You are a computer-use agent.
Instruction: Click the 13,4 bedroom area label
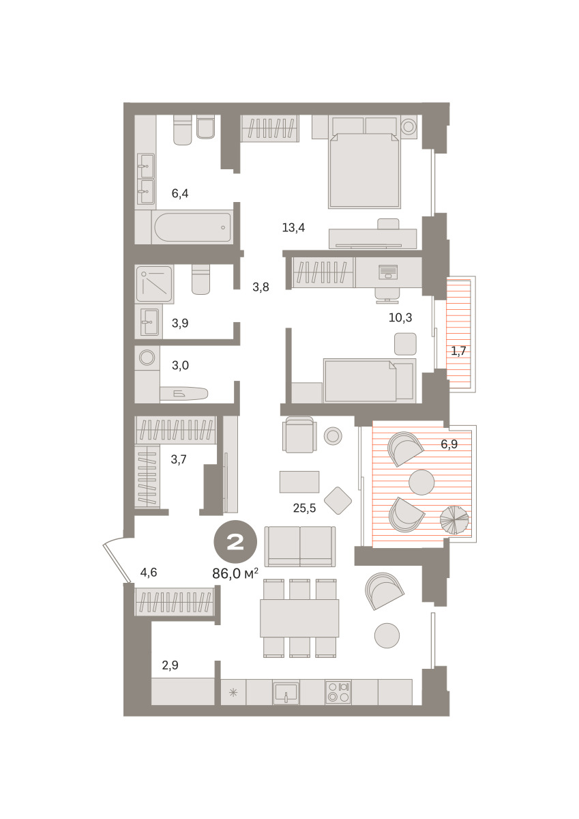(293, 228)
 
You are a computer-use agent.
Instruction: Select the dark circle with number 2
(235, 541)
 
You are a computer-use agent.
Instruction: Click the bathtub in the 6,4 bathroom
(192, 227)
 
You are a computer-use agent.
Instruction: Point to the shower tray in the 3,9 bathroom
(154, 284)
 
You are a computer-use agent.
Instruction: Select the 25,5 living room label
(304, 508)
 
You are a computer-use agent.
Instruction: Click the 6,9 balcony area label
(449, 444)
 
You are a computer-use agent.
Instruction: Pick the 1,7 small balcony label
(458, 351)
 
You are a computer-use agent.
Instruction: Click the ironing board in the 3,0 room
(183, 393)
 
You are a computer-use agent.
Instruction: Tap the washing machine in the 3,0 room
(147, 357)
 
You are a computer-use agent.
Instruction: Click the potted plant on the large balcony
(454, 519)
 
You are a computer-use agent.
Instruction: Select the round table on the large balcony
(421, 483)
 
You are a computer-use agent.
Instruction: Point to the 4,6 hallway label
(149, 572)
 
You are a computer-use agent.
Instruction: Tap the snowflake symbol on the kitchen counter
(233, 692)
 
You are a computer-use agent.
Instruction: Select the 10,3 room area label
(400, 317)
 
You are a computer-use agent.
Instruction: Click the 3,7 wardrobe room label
(179, 459)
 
